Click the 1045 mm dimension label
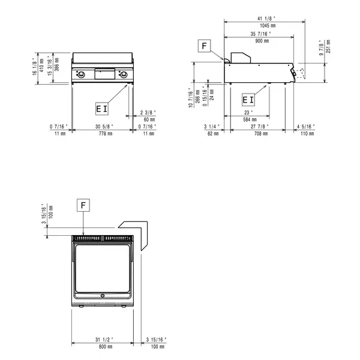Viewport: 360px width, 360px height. point(264,26)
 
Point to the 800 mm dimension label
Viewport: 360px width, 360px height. point(106,347)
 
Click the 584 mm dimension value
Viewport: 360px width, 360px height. point(247,119)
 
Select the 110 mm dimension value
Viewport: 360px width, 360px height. point(306,133)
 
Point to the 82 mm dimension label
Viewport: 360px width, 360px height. point(212,133)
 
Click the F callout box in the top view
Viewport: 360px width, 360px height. point(84,205)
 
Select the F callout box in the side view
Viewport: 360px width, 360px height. point(205,46)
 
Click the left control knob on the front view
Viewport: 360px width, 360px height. point(82,74)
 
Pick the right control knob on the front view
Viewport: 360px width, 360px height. point(124,74)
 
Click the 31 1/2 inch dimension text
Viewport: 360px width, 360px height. point(106,340)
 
